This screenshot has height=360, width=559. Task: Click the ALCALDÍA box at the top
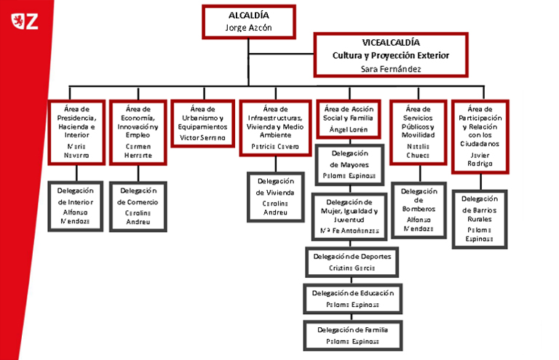[250, 21]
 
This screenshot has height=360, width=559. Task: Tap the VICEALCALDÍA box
[391, 54]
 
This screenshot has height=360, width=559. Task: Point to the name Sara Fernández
[391, 68]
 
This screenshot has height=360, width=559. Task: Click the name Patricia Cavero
[270, 145]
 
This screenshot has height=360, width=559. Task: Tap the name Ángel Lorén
[349, 129]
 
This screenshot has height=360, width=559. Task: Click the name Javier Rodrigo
[480, 159]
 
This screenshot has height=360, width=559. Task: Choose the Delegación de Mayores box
[349, 165]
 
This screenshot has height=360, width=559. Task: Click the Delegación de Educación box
[352, 297]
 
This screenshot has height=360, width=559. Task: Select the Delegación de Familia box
[352, 335]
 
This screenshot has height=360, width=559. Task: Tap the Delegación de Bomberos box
[418, 210]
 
